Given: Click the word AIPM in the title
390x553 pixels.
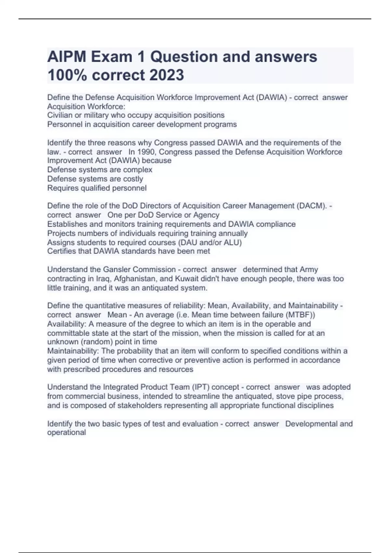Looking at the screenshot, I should (x=67, y=57).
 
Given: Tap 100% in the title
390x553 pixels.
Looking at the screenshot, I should (x=68, y=75).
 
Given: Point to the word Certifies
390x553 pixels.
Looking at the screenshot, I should (x=62, y=251).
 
